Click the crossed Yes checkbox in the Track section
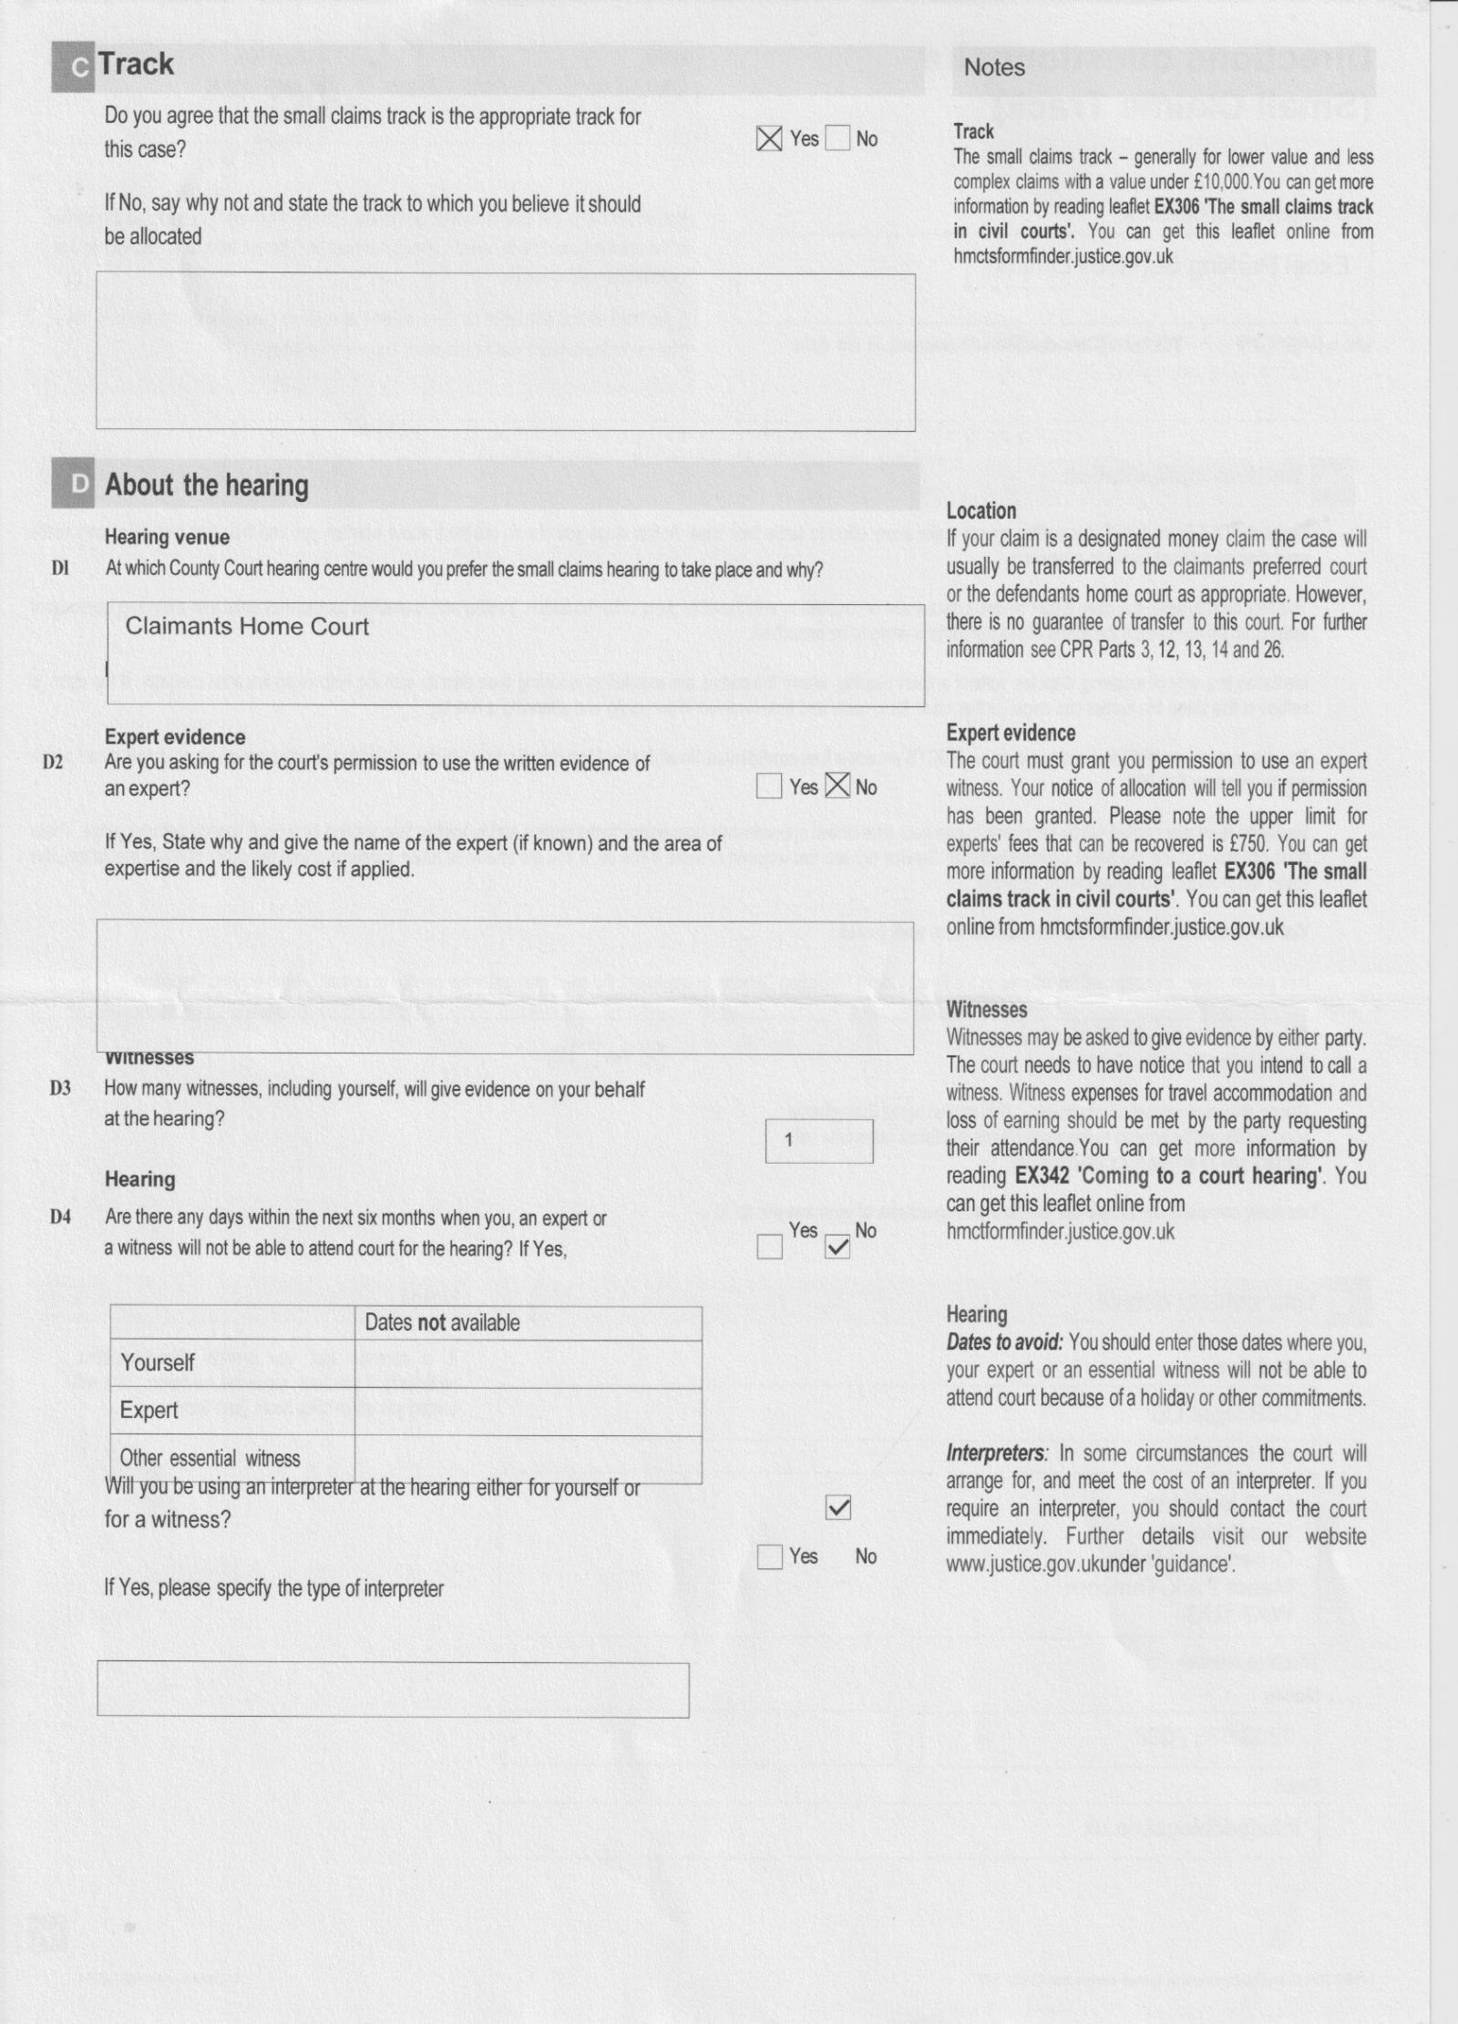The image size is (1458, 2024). pos(769,139)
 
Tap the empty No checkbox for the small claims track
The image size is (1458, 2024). pos(837,139)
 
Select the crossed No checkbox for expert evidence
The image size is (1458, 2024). pos(837,786)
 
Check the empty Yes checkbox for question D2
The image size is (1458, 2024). pos(769,786)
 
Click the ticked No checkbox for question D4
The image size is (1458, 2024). pos(837,1247)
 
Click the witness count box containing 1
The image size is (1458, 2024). pos(818,1140)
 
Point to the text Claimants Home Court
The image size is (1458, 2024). pos(247,626)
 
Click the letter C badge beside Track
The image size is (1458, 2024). pos(79,67)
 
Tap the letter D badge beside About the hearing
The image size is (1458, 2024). pos(78,484)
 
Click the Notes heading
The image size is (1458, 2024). pos(994,67)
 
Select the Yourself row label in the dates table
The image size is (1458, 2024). pos(158,1362)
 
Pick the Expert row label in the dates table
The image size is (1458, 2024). pos(149,1410)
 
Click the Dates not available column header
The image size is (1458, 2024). pos(442,1323)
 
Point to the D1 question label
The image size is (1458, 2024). pos(60,569)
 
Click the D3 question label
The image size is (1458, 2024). pos(60,1088)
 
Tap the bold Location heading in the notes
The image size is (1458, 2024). pos(981,511)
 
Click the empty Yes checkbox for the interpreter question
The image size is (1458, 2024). pos(769,1557)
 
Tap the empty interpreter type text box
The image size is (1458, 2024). pos(393,1690)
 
